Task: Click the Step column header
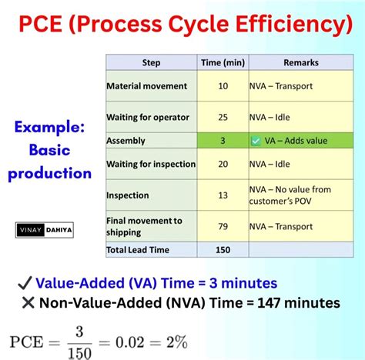coord(151,62)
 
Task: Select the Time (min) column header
coord(223,62)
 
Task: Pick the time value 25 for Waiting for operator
coord(223,118)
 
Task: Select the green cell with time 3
coord(223,141)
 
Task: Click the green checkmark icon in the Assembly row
coord(256,141)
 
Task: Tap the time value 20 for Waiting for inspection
coord(223,164)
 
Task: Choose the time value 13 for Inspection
coord(223,195)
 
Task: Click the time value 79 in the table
coord(223,226)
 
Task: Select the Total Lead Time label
coord(139,249)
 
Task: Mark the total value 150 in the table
coord(223,249)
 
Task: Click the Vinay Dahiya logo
coord(45,229)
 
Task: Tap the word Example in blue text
coord(49,125)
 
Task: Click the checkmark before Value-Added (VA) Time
coord(23,283)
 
